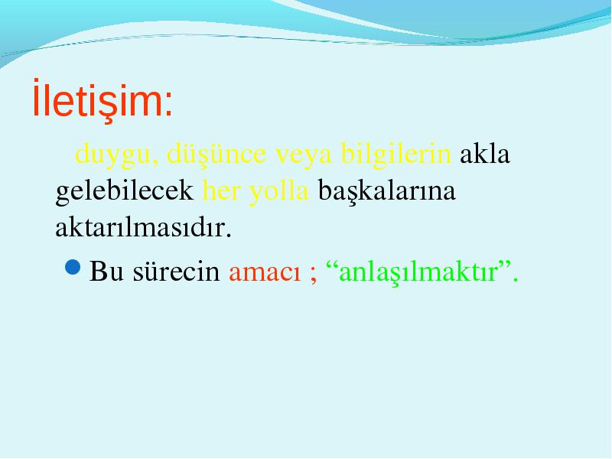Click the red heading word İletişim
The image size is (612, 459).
pos(98,99)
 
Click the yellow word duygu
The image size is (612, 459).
pos(116,155)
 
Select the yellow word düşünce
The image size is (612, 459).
pos(216,155)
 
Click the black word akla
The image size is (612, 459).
pos(485,153)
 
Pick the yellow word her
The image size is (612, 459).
pos(221,190)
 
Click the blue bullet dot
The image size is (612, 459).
pos(73,267)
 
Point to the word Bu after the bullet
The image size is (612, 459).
pos(106,271)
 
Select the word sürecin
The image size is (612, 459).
pos(176,271)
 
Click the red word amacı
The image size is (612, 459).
pos(265,273)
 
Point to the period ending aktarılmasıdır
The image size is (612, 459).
pos(229,235)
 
